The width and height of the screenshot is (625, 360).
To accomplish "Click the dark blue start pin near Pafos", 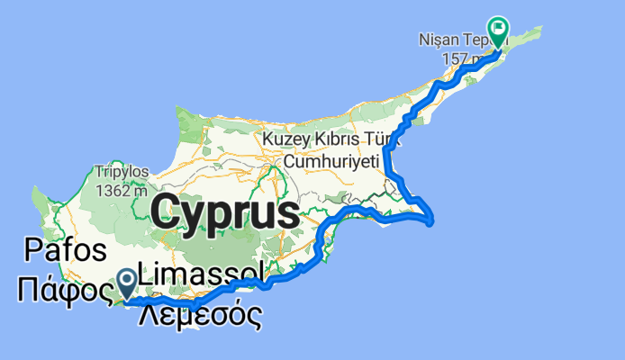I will (127, 283).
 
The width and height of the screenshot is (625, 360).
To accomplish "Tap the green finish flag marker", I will (497, 30).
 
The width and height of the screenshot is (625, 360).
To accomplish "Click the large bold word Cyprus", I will (225, 213).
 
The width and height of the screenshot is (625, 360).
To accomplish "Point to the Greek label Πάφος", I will (63, 290).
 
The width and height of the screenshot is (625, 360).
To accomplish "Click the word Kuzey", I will (285, 139).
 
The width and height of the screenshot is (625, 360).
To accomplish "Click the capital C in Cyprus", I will (167, 212).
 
